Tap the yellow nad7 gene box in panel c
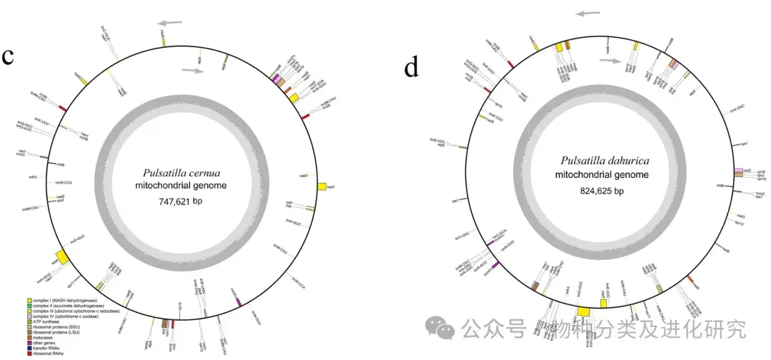[x=321, y=186]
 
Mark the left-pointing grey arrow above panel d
[x=590, y=13]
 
